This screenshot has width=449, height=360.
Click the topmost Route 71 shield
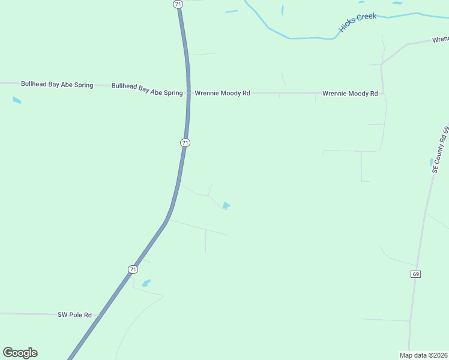178,4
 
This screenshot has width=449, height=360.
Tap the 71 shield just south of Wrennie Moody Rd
185,143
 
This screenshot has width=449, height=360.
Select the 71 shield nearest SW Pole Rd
133,269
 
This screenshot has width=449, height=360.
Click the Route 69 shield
415,274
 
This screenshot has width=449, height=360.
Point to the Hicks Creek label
358,22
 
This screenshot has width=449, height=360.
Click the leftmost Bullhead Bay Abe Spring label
57,85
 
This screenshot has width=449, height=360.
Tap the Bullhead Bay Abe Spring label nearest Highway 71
147,90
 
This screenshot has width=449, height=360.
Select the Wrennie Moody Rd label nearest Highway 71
222,94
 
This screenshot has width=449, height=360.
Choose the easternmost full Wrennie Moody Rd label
350,94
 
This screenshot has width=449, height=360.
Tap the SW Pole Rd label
74,314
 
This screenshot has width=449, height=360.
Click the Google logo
20,353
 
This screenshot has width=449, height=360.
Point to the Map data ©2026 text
423,355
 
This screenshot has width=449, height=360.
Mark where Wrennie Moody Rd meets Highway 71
188,94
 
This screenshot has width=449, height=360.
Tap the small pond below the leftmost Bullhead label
17,100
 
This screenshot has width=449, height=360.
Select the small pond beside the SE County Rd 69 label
432,162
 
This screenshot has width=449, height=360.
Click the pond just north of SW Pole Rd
146,283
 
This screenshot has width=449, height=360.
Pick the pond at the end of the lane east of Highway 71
226,206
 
